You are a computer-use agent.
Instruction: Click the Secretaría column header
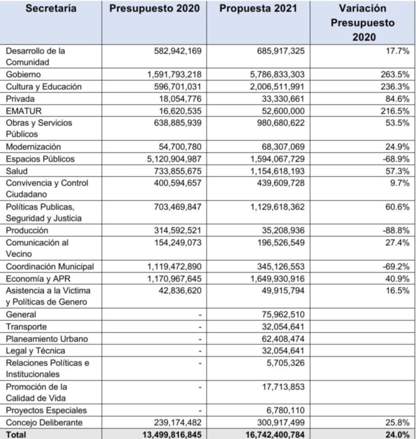(51, 9)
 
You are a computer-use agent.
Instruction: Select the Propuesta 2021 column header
(258, 9)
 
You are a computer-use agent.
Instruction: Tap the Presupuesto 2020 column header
(154, 9)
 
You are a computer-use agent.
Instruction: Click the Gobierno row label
(23, 75)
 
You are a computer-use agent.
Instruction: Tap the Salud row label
(16, 171)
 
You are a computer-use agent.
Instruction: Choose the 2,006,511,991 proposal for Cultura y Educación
(277, 87)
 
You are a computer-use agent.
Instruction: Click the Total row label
(16, 434)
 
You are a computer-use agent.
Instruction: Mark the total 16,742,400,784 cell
(274, 434)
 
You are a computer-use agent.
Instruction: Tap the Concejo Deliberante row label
(44, 423)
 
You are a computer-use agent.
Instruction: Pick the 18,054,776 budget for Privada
(179, 99)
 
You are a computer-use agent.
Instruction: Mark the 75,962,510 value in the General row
(283, 315)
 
